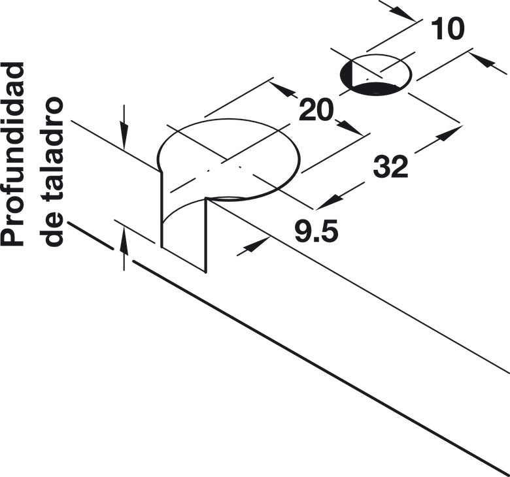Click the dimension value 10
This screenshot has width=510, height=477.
click(448, 29)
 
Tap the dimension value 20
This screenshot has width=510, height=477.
click(316, 110)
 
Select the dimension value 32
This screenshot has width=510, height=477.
click(390, 167)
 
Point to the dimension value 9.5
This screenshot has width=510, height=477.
click(316, 231)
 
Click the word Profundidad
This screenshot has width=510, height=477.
click(13, 154)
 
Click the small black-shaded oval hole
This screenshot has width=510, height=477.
click(376, 74)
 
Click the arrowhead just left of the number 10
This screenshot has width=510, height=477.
click(401, 13)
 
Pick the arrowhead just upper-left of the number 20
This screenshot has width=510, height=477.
click(282, 89)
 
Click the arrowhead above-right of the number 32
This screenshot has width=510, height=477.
click(449, 134)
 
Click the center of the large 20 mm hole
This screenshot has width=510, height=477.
click(228, 160)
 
